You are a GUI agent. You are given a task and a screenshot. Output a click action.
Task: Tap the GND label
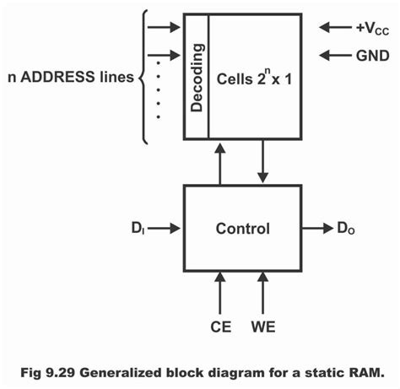(x=369, y=57)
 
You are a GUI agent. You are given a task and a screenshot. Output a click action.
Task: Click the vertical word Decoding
(x=196, y=75)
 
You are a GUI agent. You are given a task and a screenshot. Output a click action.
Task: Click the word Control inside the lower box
(x=242, y=228)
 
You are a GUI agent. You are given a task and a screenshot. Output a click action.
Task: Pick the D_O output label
(x=347, y=227)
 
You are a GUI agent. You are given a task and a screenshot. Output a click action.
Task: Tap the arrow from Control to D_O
(x=317, y=227)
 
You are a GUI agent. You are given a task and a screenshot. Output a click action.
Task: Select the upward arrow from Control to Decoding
(x=219, y=163)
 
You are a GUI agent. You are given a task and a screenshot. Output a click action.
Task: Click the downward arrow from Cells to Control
(x=264, y=163)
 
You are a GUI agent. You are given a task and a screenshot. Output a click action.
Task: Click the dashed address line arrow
(x=164, y=60)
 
